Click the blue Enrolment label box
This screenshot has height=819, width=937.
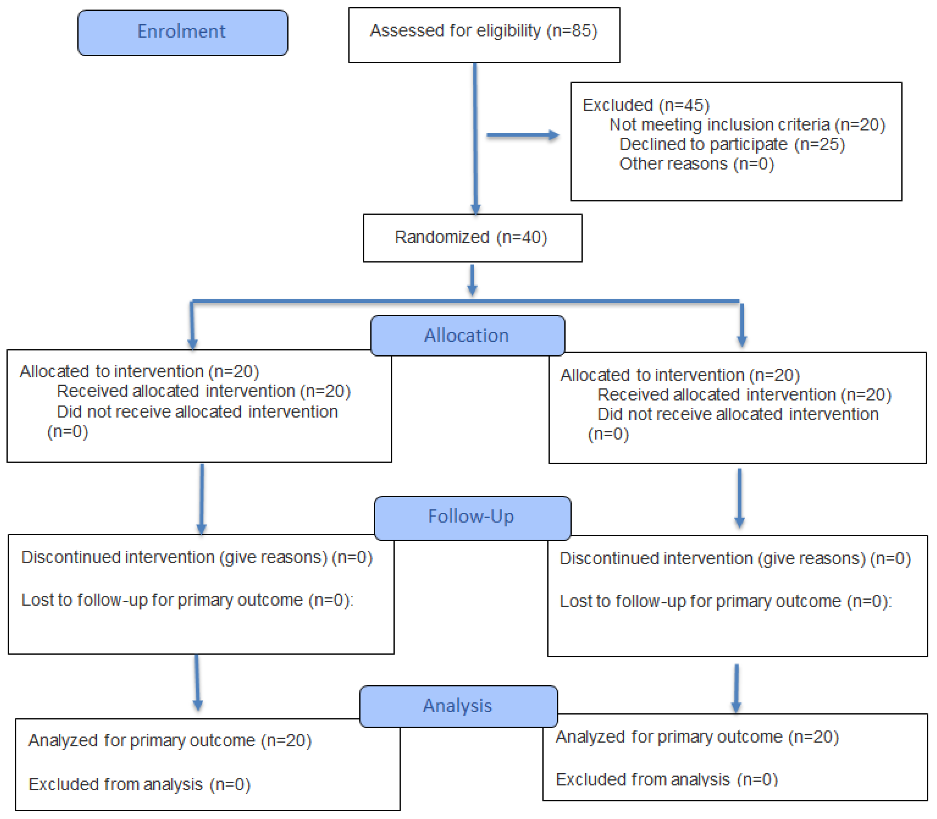pos(182,32)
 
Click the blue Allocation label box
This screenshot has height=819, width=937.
pos(467,336)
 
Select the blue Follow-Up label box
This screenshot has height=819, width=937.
pos(472,517)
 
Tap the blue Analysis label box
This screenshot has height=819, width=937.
pos(458,706)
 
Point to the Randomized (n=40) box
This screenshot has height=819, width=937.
pos(472,238)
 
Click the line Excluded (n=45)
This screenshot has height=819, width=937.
pos(646,105)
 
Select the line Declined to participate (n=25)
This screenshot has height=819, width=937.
pos(732,145)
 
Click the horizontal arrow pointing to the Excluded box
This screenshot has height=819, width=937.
pos(523,135)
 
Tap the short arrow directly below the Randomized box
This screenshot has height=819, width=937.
pos(472,280)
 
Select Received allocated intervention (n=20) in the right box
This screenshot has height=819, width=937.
pos(744,395)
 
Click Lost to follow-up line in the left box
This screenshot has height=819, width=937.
pos(187,600)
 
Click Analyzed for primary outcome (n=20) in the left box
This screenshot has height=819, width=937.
pos(170,740)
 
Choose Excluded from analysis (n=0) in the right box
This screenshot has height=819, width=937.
pos(666,779)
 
